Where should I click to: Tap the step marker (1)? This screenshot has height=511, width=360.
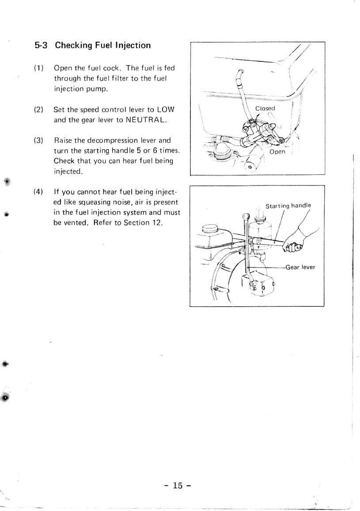38,68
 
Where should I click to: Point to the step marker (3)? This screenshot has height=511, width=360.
38,141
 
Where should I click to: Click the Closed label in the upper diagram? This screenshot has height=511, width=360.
265,108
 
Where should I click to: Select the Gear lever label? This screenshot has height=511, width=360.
300,267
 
